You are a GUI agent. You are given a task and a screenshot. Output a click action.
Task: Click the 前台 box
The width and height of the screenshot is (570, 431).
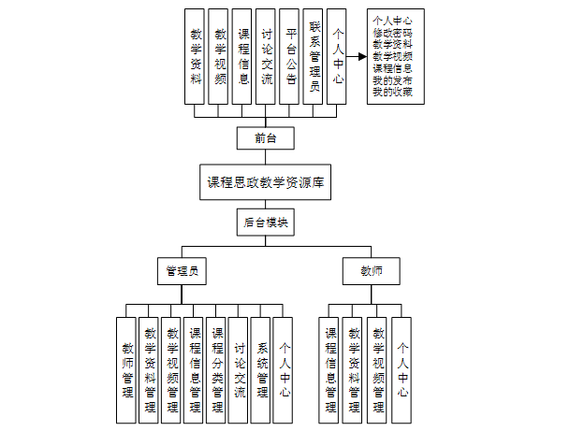pyautogui.click(x=267, y=138)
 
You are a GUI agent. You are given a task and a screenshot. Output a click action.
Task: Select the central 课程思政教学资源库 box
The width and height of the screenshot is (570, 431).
pyautogui.click(x=267, y=181)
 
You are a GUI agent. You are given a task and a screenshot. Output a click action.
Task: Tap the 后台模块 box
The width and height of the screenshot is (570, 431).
pyautogui.click(x=267, y=223)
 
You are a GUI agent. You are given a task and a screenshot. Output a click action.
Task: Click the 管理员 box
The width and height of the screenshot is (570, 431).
pyautogui.click(x=180, y=271)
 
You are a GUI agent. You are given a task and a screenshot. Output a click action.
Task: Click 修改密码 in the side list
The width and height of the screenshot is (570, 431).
pyautogui.click(x=391, y=31)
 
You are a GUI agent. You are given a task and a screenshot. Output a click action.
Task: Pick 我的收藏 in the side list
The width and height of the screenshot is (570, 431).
pyautogui.click(x=391, y=92)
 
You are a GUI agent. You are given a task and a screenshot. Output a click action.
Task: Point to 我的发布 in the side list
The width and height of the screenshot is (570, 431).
pyautogui.click(x=391, y=79)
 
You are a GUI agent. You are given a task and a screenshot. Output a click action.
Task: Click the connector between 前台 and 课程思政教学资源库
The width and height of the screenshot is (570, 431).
pyautogui.click(x=267, y=157)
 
